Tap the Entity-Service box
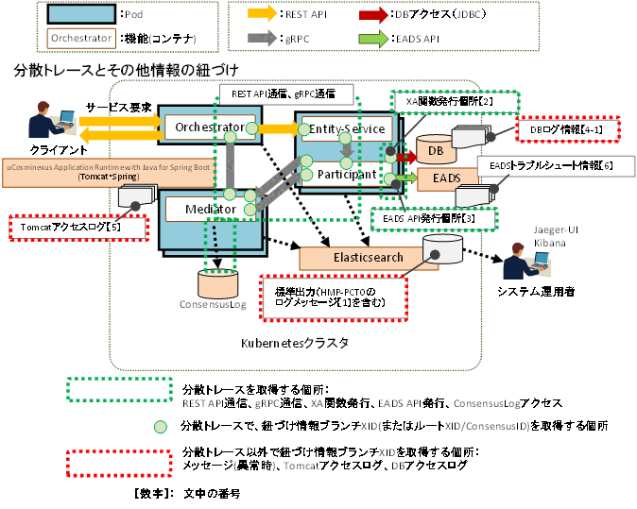(346, 128)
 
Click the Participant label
(347, 175)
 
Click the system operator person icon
(523, 259)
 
